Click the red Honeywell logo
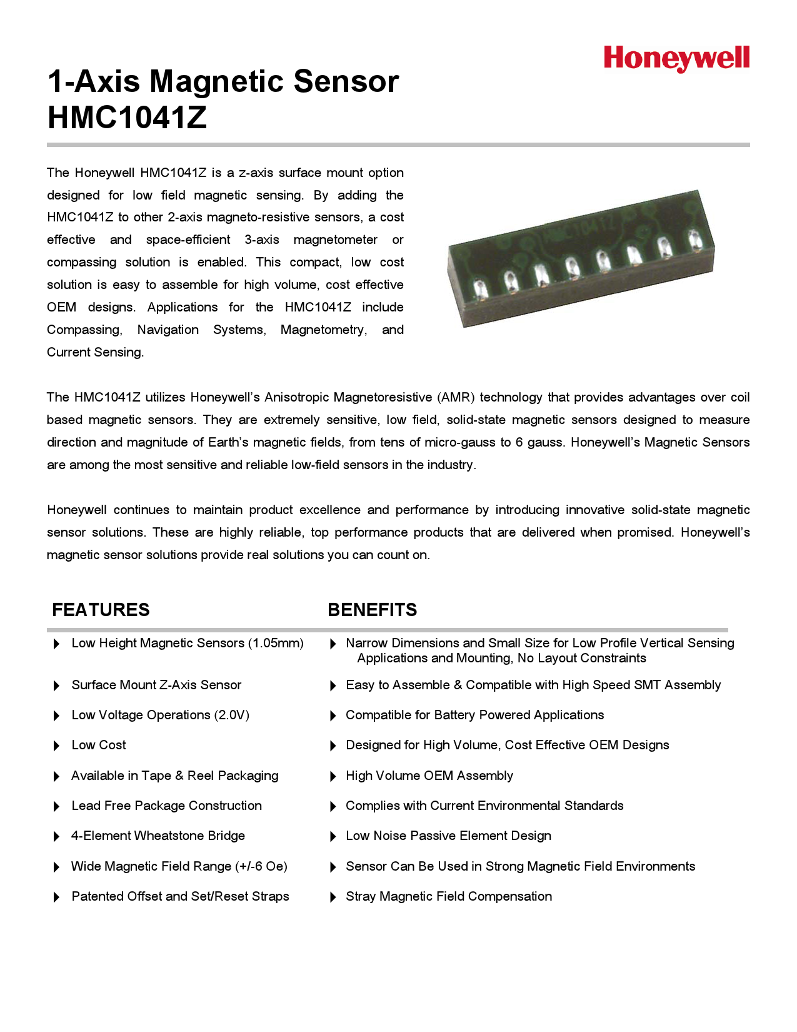coord(676,58)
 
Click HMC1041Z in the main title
coord(127,118)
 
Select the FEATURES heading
coord(101,610)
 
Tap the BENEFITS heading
coord(372,610)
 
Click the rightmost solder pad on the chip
coord(693,240)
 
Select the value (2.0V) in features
coord(231,715)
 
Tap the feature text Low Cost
coord(99,745)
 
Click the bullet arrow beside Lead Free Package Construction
coord(56,806)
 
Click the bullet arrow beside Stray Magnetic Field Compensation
coord(333,897)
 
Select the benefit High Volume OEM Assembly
coord(429,776)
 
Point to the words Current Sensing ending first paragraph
coord(95,352)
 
